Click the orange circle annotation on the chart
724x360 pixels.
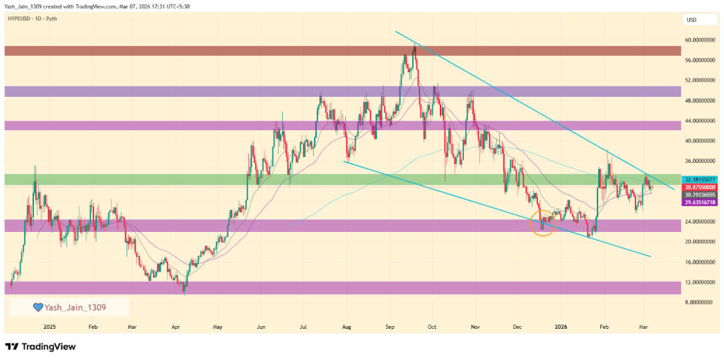pyautogui.click(x=542, y=222)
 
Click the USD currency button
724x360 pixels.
pyautogui.click(x=691, y=20)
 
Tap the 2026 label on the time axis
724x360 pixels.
pyautogui.click(x=561, y=327)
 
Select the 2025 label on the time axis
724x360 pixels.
pyautogui.click(x=49, y=327)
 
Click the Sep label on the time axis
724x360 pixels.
pyautogui.click(x=390, y=327)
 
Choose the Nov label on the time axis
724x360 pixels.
pyautogui.click(x=475, y=327)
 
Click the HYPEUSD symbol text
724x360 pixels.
pyautogui.click(x=21, y=19)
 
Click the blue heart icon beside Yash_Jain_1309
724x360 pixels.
pyautogui.click(x=40, y=308)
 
